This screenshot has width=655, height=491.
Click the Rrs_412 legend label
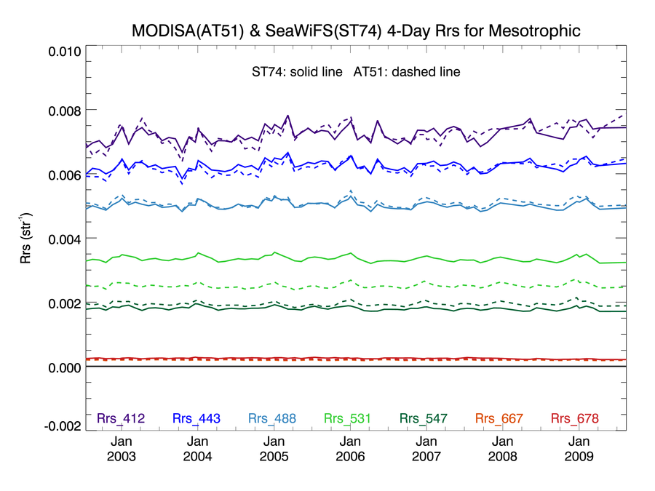pyautogui.click(x=121, y=418)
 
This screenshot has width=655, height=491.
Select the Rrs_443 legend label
pyautogui.click(x=196, y=418)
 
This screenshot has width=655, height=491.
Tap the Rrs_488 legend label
pyautogui.click(x=272, y=418)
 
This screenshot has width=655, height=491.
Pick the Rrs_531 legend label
pyautogui.click(x=348, y=418)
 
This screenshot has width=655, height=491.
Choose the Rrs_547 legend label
pyautogui.click(x=424, y=418)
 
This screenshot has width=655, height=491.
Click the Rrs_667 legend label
pyautogui.click(x=499, y=418)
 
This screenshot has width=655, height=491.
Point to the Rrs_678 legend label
pyautogui.click(x=575, y=418)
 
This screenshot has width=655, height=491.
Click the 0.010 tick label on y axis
pyautogui.click(x=65, y=52)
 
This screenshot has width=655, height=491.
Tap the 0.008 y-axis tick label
pyautogui.click(x=65, y=111)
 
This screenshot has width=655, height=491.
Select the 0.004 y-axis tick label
pyautogui.click(x=65, y=239)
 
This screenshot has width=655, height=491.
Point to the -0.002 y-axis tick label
pyautogui.click(x=63, y=426)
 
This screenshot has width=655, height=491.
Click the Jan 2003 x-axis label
pyautogui.click(x=121, y=448)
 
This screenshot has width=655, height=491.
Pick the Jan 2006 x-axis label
pyautogui.click(x=350, y=448)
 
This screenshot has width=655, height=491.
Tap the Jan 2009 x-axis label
pyautogui.click(x=579, y=448)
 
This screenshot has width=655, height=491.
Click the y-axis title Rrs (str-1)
pyautogui.click(x=25, y=239)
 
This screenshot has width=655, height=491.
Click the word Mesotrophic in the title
pyautogui.click(x=535, y=31)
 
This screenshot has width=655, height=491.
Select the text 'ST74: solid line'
pyautogui.click(x=297, y=72)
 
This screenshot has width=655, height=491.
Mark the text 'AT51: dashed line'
pyautogui.click(x=407, y=72)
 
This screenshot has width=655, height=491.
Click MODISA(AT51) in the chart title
pyautogui.click(x=188, y=31)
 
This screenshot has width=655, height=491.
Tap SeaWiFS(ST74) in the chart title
pyautogui.click(x=323, y=31)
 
